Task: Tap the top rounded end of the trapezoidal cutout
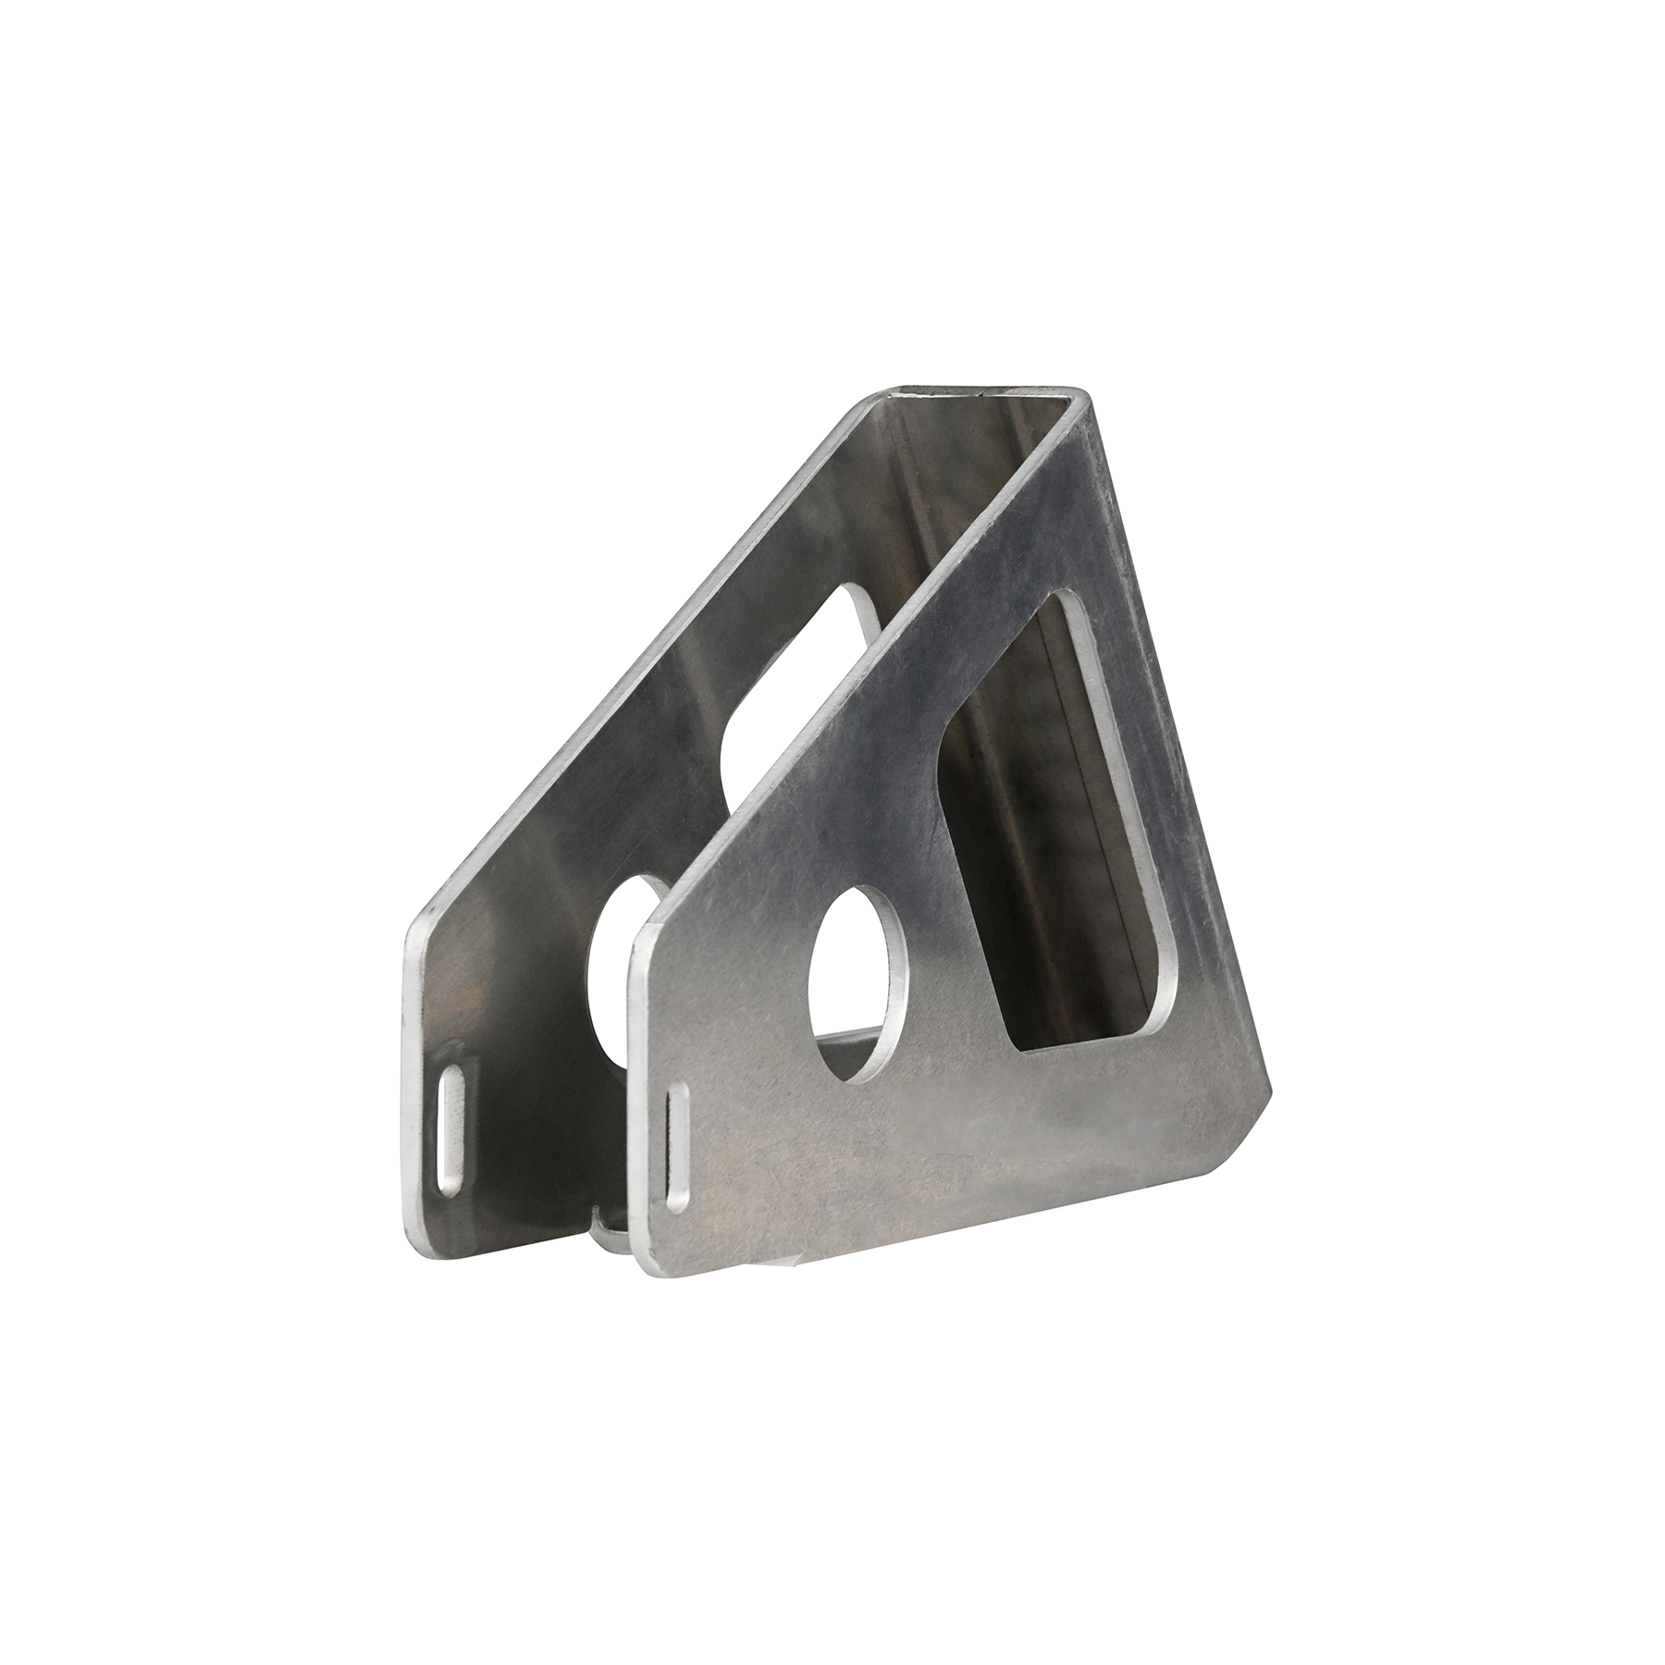pos(1064,601)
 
